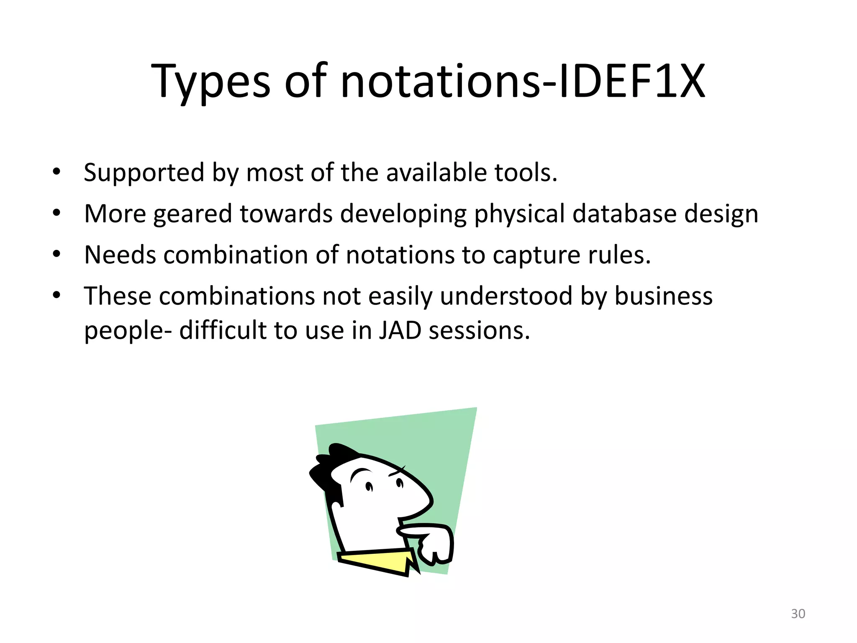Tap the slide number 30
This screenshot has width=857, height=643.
click(x=798, y=614)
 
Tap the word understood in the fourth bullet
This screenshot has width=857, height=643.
click(x=506, y=296)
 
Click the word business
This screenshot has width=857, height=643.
click(x=663, y=296)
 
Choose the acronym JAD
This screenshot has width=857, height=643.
click(x=400, y=330)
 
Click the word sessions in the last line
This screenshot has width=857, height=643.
click(x=479, y=330)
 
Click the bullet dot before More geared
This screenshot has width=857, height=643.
click(x=57, y=213)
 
